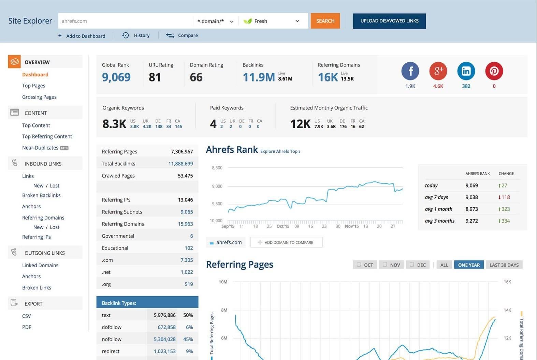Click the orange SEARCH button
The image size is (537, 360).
325,21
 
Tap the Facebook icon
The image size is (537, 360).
410,71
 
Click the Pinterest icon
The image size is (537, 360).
494,71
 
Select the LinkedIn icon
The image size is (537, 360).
466,71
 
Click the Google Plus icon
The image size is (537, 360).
438,71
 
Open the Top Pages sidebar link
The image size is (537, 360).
33,86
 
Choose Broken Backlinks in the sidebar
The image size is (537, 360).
41,195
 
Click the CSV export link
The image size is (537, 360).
27,316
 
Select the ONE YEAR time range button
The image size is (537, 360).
469,265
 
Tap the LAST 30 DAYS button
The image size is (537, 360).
504,265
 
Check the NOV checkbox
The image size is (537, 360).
385,265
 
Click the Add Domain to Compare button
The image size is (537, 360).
286,242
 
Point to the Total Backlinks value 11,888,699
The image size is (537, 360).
180,164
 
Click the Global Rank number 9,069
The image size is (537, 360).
116,77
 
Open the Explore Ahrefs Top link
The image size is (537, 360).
280,151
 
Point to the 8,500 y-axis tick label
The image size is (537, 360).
217,168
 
